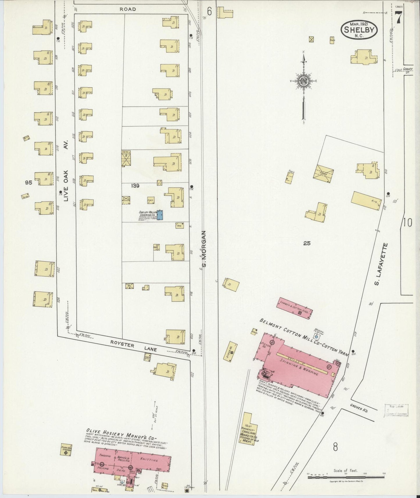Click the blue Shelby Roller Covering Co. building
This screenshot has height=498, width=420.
[x=160, y=215]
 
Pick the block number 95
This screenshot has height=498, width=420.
[x=28, y=182]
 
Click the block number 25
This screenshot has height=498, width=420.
[x=307, y=243]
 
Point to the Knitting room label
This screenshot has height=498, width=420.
[x=149, y=460]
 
